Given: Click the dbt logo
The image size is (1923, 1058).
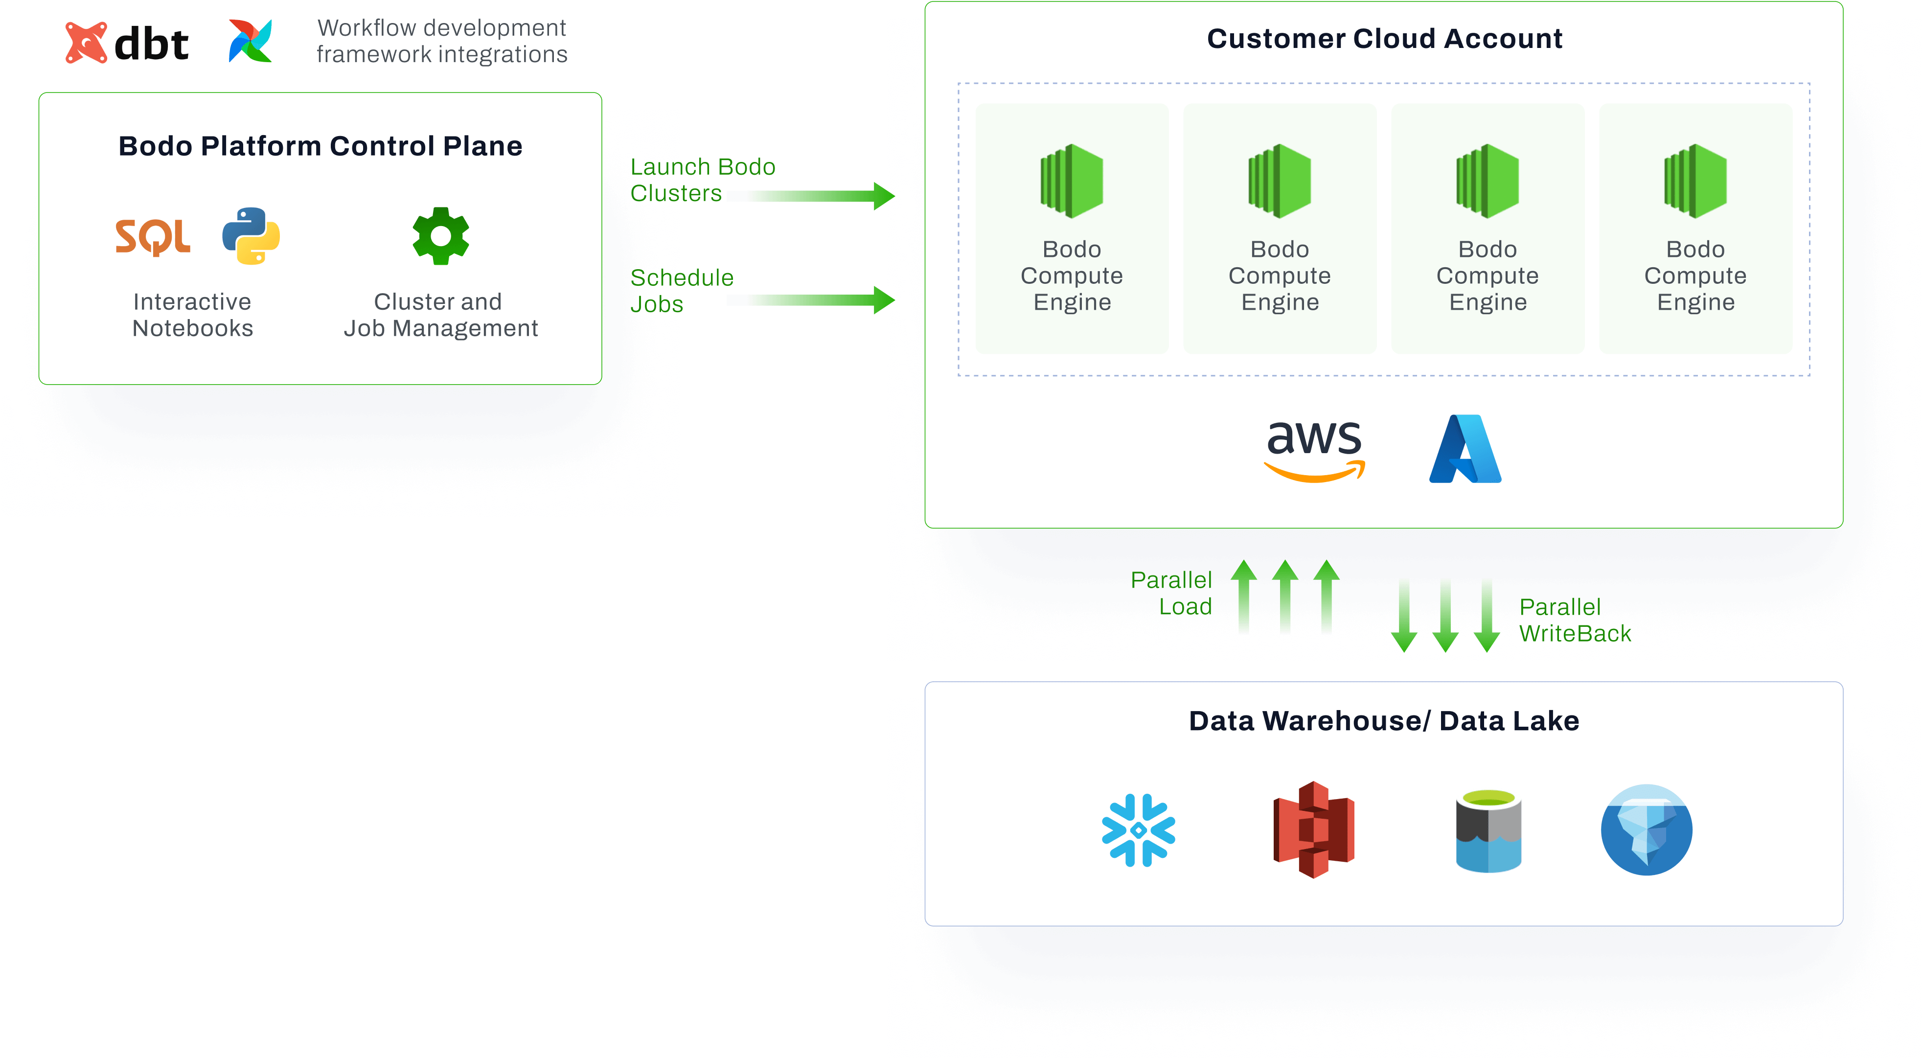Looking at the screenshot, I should (127, 43).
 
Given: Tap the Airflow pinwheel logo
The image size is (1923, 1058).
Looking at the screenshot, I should (250, 41).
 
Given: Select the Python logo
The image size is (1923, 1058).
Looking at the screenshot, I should (251, 236).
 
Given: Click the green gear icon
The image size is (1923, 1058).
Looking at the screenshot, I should (440, 236).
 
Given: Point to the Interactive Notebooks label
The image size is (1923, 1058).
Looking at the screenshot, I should (193, 315).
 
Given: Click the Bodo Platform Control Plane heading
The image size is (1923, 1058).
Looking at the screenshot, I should (320, 146).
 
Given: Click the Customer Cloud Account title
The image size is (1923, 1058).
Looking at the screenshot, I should (1384, 39).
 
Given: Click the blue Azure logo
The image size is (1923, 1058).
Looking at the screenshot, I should (1465, 449).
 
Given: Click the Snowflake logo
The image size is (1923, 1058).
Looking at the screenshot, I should (1139, 830).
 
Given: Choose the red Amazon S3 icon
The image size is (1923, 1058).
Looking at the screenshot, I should (1313, 829).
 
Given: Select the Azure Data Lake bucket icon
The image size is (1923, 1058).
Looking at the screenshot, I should (1488, 831).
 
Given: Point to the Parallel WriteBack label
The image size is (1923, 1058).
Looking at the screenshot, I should (1575, 621).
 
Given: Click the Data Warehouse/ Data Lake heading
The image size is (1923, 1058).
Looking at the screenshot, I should (1384, 721).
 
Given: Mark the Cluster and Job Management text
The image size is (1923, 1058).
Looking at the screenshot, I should (440, 315).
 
